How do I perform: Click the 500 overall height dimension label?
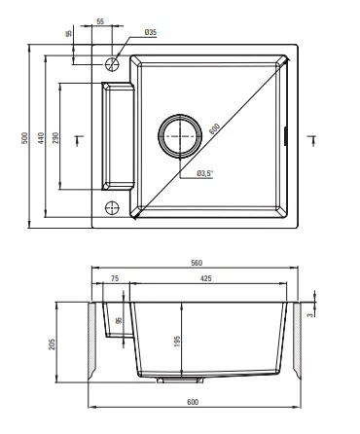click(25, 138)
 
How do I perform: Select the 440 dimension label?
click(41, 138)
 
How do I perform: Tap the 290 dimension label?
click(55, 138)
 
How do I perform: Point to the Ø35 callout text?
click(151, 32)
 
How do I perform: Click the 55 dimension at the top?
click(100, 21)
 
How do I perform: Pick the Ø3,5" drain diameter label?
click(205, 173)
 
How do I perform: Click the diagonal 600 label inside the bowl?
click(214, 129)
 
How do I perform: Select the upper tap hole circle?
click(112, 64)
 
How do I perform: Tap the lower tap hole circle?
click(112, 207)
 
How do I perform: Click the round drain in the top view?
click(180, 136)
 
